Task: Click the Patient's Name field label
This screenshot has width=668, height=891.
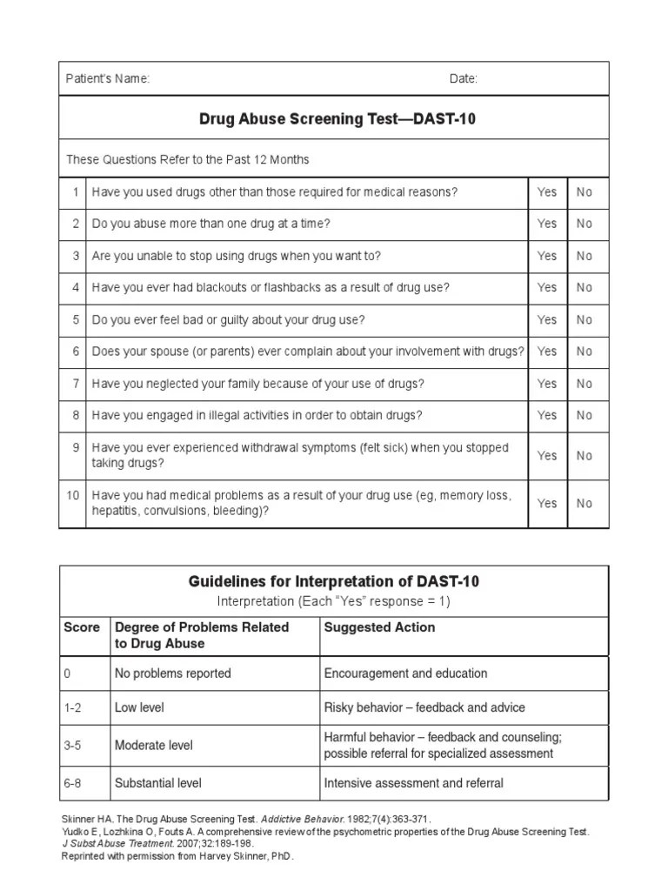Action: (x=108, y=79)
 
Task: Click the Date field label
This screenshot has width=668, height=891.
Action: (x=463, y=79)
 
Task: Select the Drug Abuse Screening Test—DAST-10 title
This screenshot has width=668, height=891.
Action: (x=337, y=119)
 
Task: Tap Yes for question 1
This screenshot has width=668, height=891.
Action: (x=546, y=192)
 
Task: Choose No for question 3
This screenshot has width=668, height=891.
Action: (x=584, y=256)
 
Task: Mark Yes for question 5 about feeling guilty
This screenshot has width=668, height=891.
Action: (x=546, y=319)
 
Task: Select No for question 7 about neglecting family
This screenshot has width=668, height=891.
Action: (x=584, y=384)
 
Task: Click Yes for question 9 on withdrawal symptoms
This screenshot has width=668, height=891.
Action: (x=546, y=455)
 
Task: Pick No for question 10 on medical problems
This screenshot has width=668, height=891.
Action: (x=584, y=503)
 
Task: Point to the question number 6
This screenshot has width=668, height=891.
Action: (x=76, y=352)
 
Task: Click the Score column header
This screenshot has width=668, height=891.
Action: (x=82, y=627)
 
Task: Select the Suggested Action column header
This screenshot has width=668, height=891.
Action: (x=379, y=627)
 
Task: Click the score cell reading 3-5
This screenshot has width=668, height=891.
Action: (x=73, y=746)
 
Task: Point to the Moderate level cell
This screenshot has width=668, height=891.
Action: (x=154, y=746)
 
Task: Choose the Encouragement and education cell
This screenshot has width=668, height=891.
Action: (x=405, y=673)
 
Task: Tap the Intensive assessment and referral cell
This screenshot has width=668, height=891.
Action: (x=413, y=783)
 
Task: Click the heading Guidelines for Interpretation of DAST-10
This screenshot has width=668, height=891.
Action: (x=333, y=582)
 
